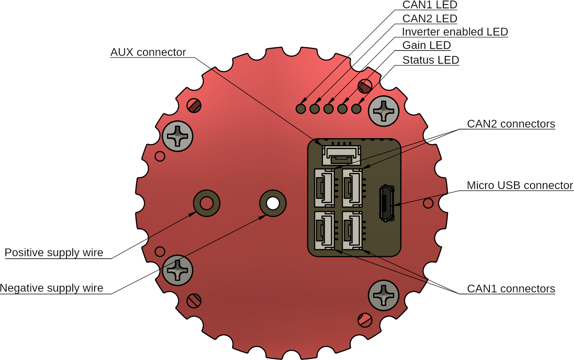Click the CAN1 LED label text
click(x=429, y=5)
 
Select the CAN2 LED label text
click(x=429, y=19)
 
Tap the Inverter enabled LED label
click(x=455, y=32)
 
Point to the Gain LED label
click(x=426, y=45)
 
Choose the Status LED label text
click(x=431, y=60)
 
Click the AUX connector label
click(x=148, y=52)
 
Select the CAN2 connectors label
click(x=511, y=124)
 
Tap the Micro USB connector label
click(x=520, y=186)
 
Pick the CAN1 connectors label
click(x=511, y=289)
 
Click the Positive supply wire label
click(x=54, y=253)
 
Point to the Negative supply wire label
click(x=52, y=288)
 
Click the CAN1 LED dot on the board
click(x=301, y=108)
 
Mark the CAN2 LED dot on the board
click(x=315, y=108)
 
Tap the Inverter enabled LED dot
click(x=329, y=108)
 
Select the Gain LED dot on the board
click(x=342, y=108)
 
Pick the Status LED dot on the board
click(x=356, y=108)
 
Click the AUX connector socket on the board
click(x=342, y=155)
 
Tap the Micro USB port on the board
click(x=387, y=203)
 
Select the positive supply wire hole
click(x=207, y=203)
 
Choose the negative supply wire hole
click(x=273, y=203)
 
